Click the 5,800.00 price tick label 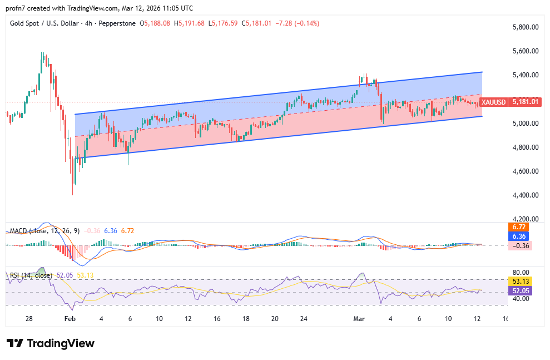coord(526,27)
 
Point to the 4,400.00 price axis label coord(526,195)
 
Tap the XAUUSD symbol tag coord(493,102)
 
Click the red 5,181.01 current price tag coord(525,102)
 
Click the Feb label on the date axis coord(70,319)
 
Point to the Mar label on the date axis coord(359,319)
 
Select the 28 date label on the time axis coord(29,319)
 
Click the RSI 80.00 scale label coord(519,273)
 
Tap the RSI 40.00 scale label coord(519,299)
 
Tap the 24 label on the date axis coord(304,319)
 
